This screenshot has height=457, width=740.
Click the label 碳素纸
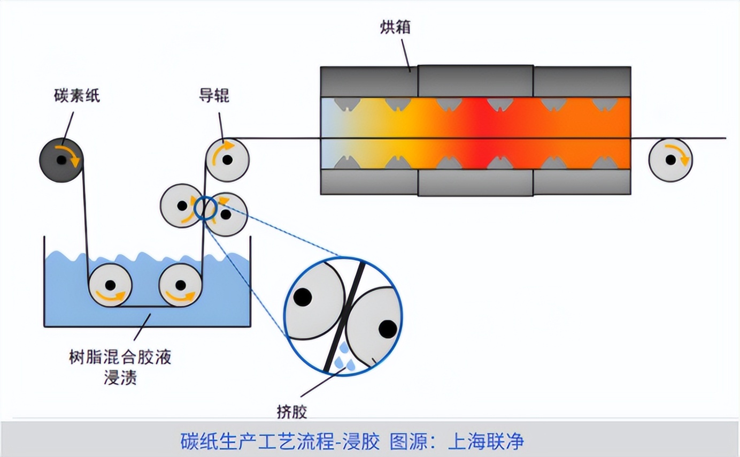(x=77, y=96)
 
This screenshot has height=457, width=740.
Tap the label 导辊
(x=214, y=96)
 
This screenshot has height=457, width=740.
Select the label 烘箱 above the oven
(x=395, y=27)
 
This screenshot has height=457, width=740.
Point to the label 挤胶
(x=292, y=412)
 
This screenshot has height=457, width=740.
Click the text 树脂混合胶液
(x=120, y=357)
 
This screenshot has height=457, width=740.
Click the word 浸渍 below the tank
(x=120, y=377)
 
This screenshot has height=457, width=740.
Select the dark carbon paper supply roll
(x=61, y=160)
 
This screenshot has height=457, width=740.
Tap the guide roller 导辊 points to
(x=227, y=160)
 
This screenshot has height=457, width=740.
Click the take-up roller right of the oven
(x=670, y=160)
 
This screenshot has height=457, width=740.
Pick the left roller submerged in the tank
(x=110, y=285)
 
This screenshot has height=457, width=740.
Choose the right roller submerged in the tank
(x=180, y=285)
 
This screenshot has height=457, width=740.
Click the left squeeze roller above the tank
(x=182, y=205)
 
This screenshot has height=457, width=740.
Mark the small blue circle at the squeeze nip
(x=205, y=208)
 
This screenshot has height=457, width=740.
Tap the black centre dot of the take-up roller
(x=670, y=160)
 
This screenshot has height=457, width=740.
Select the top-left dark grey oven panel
(x=369, y=82)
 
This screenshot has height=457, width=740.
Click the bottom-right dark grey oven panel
(x=582, y=181)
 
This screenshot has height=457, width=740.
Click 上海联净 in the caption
(x=486, y=441)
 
